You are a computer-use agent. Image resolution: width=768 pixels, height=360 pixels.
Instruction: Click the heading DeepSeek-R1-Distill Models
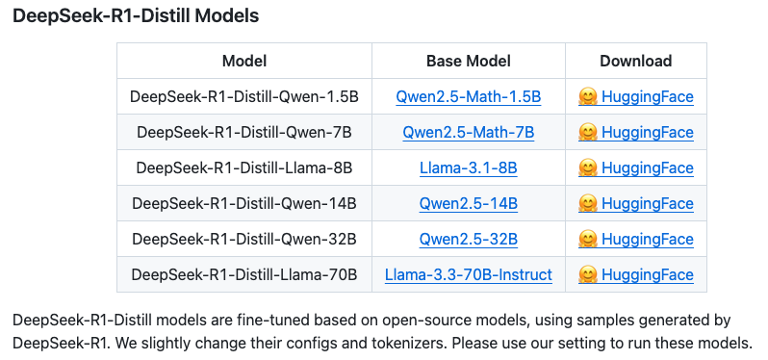(x=136, y=15)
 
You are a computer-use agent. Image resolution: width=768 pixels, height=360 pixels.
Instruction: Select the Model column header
(x=243, y=61)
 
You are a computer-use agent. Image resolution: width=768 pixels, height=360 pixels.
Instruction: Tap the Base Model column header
(x=469, y=61)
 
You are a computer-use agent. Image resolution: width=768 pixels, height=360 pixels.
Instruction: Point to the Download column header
(x=636, y=61)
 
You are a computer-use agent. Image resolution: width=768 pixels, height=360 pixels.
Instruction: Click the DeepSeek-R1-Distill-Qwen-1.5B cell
(x=243, y=96)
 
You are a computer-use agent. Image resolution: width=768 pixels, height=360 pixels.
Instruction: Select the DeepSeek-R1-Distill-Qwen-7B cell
(x=243, y=132)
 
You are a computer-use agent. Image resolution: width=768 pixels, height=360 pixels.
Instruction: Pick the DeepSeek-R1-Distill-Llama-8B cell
(x=243, y=168)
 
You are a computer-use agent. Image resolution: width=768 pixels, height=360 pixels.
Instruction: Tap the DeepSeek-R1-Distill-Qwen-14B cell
(x=243, y=203)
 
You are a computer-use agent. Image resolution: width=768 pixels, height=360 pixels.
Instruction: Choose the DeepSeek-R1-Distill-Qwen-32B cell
(x=243, y=239)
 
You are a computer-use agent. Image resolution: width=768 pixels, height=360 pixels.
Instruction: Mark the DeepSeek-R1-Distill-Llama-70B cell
(x=243, y=274)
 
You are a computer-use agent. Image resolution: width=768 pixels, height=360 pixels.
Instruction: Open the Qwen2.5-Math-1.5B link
(x=469, y=97)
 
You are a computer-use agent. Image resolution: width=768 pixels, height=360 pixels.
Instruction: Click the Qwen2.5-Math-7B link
(x=469, y=133)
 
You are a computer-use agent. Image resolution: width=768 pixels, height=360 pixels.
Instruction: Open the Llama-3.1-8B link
(x=469, y=168)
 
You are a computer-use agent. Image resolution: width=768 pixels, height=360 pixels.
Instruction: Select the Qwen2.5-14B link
(x=469, y=204)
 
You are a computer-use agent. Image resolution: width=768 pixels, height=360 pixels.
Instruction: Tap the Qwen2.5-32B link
(x=469, y=240)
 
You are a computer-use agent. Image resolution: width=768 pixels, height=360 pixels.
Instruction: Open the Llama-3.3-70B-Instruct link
(x=469, y=275)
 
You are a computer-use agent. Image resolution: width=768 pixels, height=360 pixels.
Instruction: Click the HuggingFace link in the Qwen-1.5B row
(x=648, y=97)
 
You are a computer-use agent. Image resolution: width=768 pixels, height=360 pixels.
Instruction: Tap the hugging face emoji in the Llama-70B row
(x=588, y=274)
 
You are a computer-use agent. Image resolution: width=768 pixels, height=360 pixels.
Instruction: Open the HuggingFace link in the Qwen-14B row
(x=648, y=204)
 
